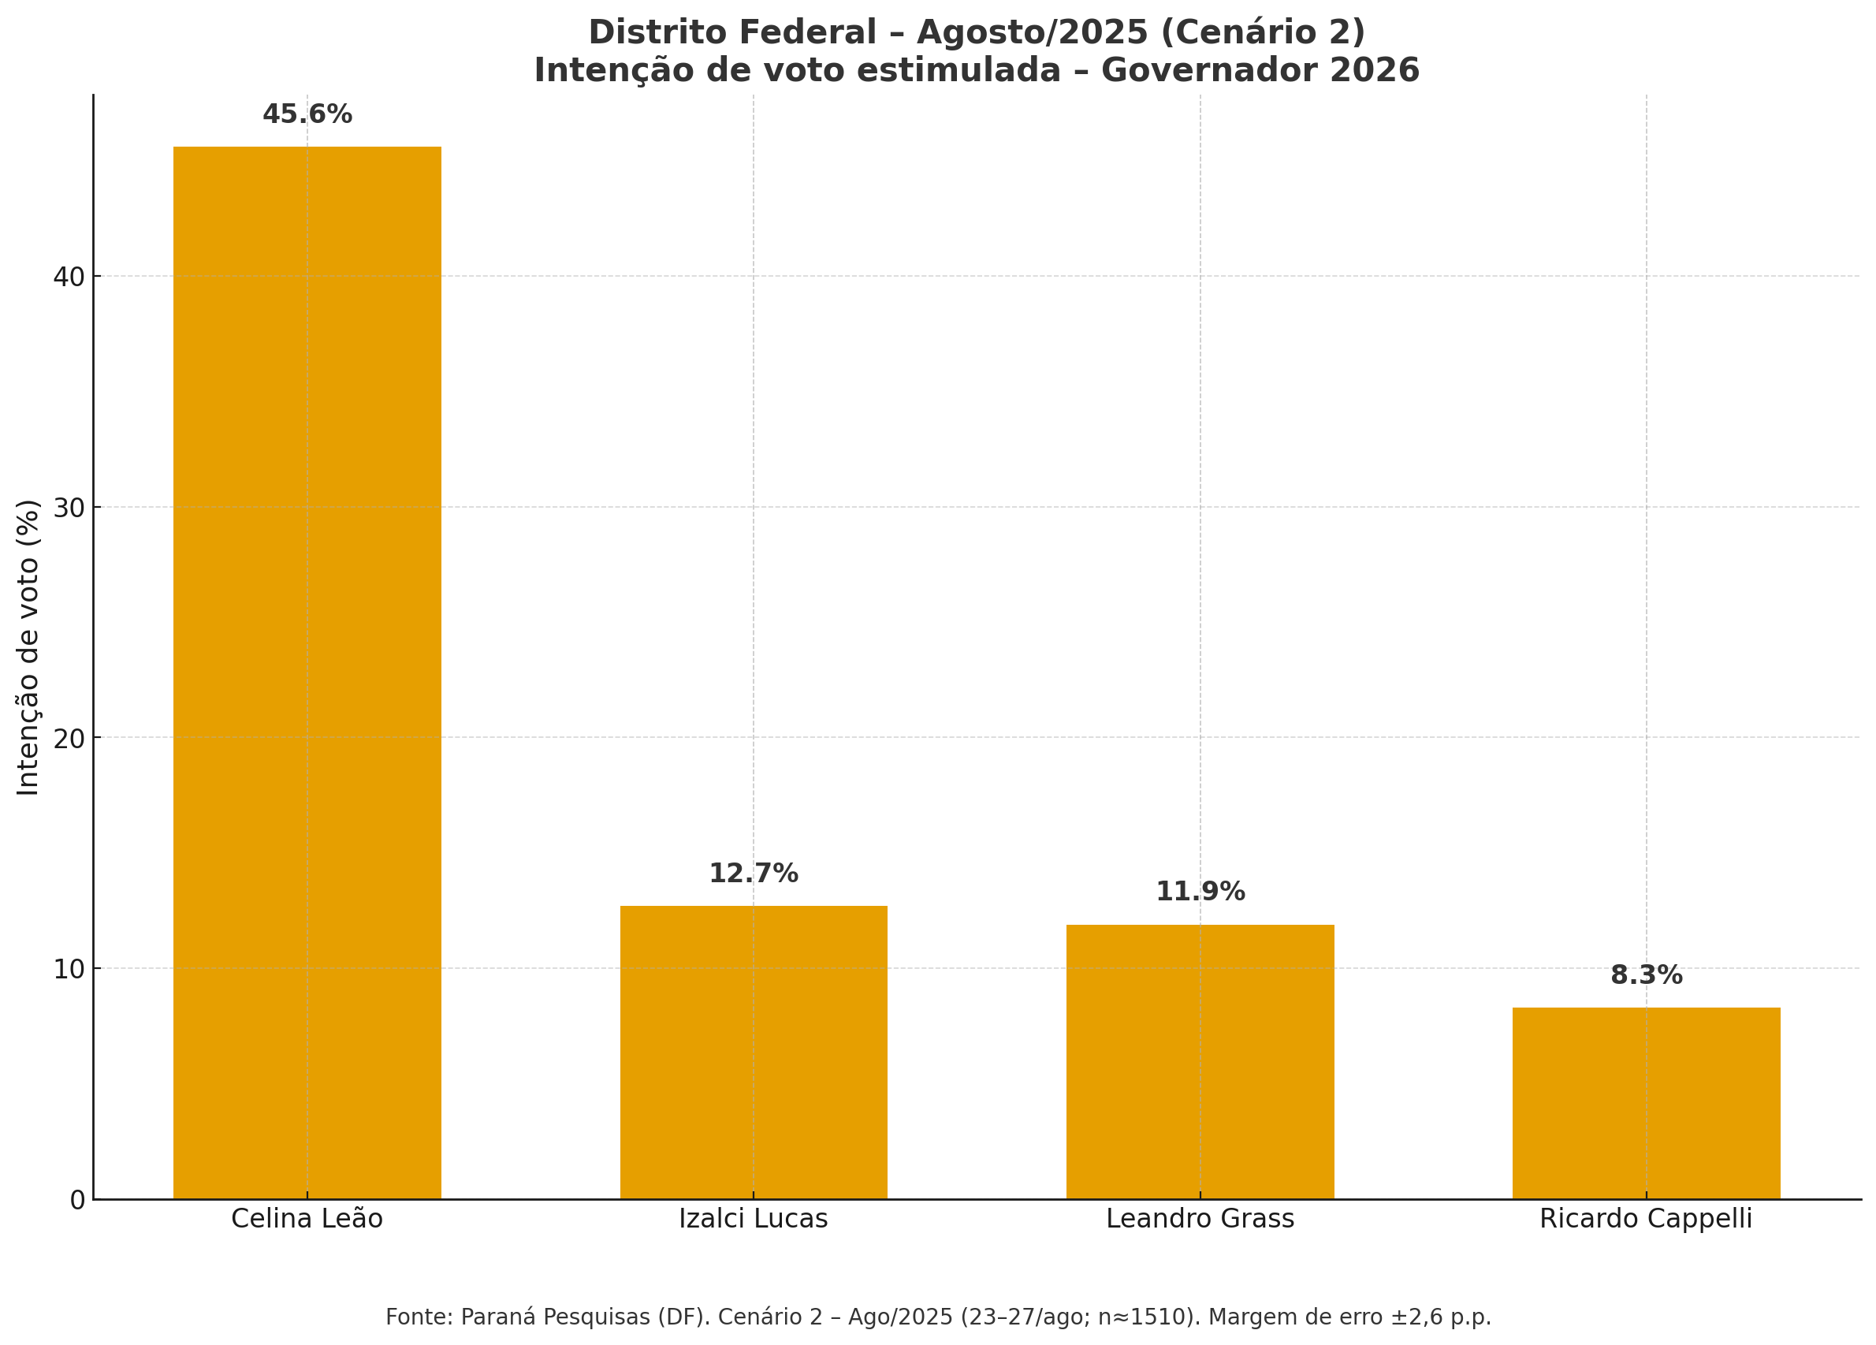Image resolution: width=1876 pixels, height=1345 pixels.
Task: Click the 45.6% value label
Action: [x=307, y=114]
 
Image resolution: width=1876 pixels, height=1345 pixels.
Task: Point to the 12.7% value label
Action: [x=753, y=874]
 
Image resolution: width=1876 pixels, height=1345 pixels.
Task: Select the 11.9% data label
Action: [x=1200, y=892]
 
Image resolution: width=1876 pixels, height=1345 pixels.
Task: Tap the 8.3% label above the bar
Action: [x=1645, y=975]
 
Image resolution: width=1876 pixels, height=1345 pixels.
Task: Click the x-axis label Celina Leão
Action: [x=307, y=1220]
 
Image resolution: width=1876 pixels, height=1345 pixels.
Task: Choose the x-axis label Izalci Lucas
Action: [x=753, y=1220]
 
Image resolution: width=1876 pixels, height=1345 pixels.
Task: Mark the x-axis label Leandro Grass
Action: [x=1200, y=1220]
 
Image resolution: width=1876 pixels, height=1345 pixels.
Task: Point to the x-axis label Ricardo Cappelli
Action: [x=1645, y=1220]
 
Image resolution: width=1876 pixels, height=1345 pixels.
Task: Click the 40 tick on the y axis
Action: [x=69, y=276]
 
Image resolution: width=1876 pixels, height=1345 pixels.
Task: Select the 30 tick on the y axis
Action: [x=69, y=507]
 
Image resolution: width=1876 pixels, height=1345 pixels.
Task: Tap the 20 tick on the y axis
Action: [x=69, y=738]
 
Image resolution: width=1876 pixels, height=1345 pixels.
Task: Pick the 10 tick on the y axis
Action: [x=69, y=969]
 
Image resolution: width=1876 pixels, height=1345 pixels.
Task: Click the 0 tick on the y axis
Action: [x=77, y=1200]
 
